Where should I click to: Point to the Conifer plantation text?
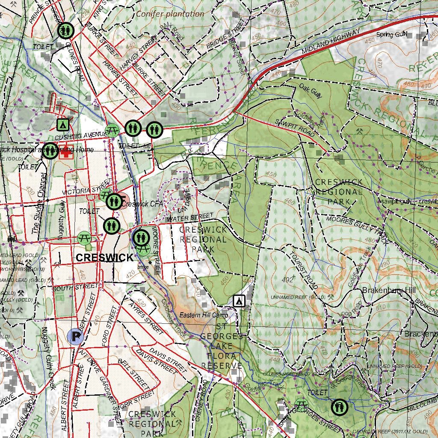coord(170,14)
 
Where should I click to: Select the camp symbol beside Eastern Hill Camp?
coord(239,301)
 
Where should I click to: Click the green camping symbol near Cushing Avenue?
coord(63,124)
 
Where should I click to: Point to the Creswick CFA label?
coord(142,204)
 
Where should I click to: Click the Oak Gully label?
coord(310,91)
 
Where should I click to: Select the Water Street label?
coord(190,218)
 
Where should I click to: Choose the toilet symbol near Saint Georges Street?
coord(340,407)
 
